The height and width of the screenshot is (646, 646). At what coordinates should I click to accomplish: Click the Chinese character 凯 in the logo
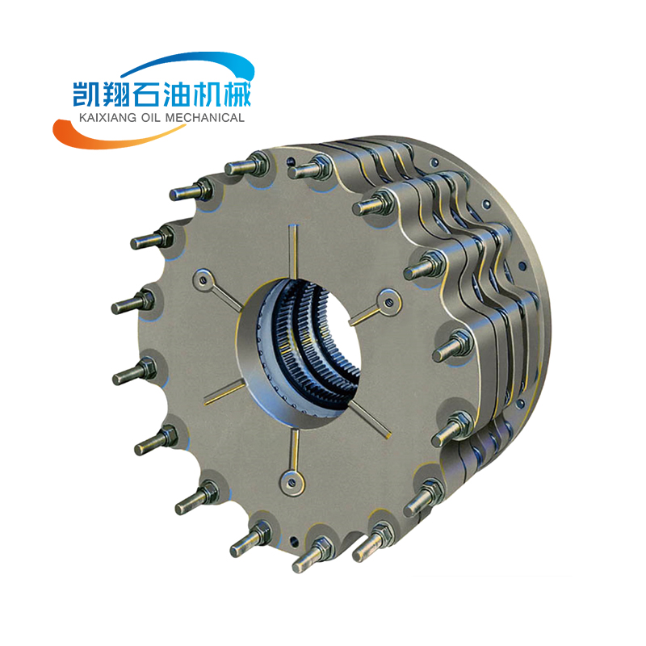click(x=86, y=94)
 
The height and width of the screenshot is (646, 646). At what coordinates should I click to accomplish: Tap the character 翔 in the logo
click(x=116, y=94)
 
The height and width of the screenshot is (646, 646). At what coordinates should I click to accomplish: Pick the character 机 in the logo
click(x=207, y=94)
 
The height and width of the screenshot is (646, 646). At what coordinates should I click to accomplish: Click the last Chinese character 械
click(x=237, y=94)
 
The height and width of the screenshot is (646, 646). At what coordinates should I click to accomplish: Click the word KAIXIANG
click(x=107, y=118)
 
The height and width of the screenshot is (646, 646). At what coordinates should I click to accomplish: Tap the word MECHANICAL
click(x=205, y=118)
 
